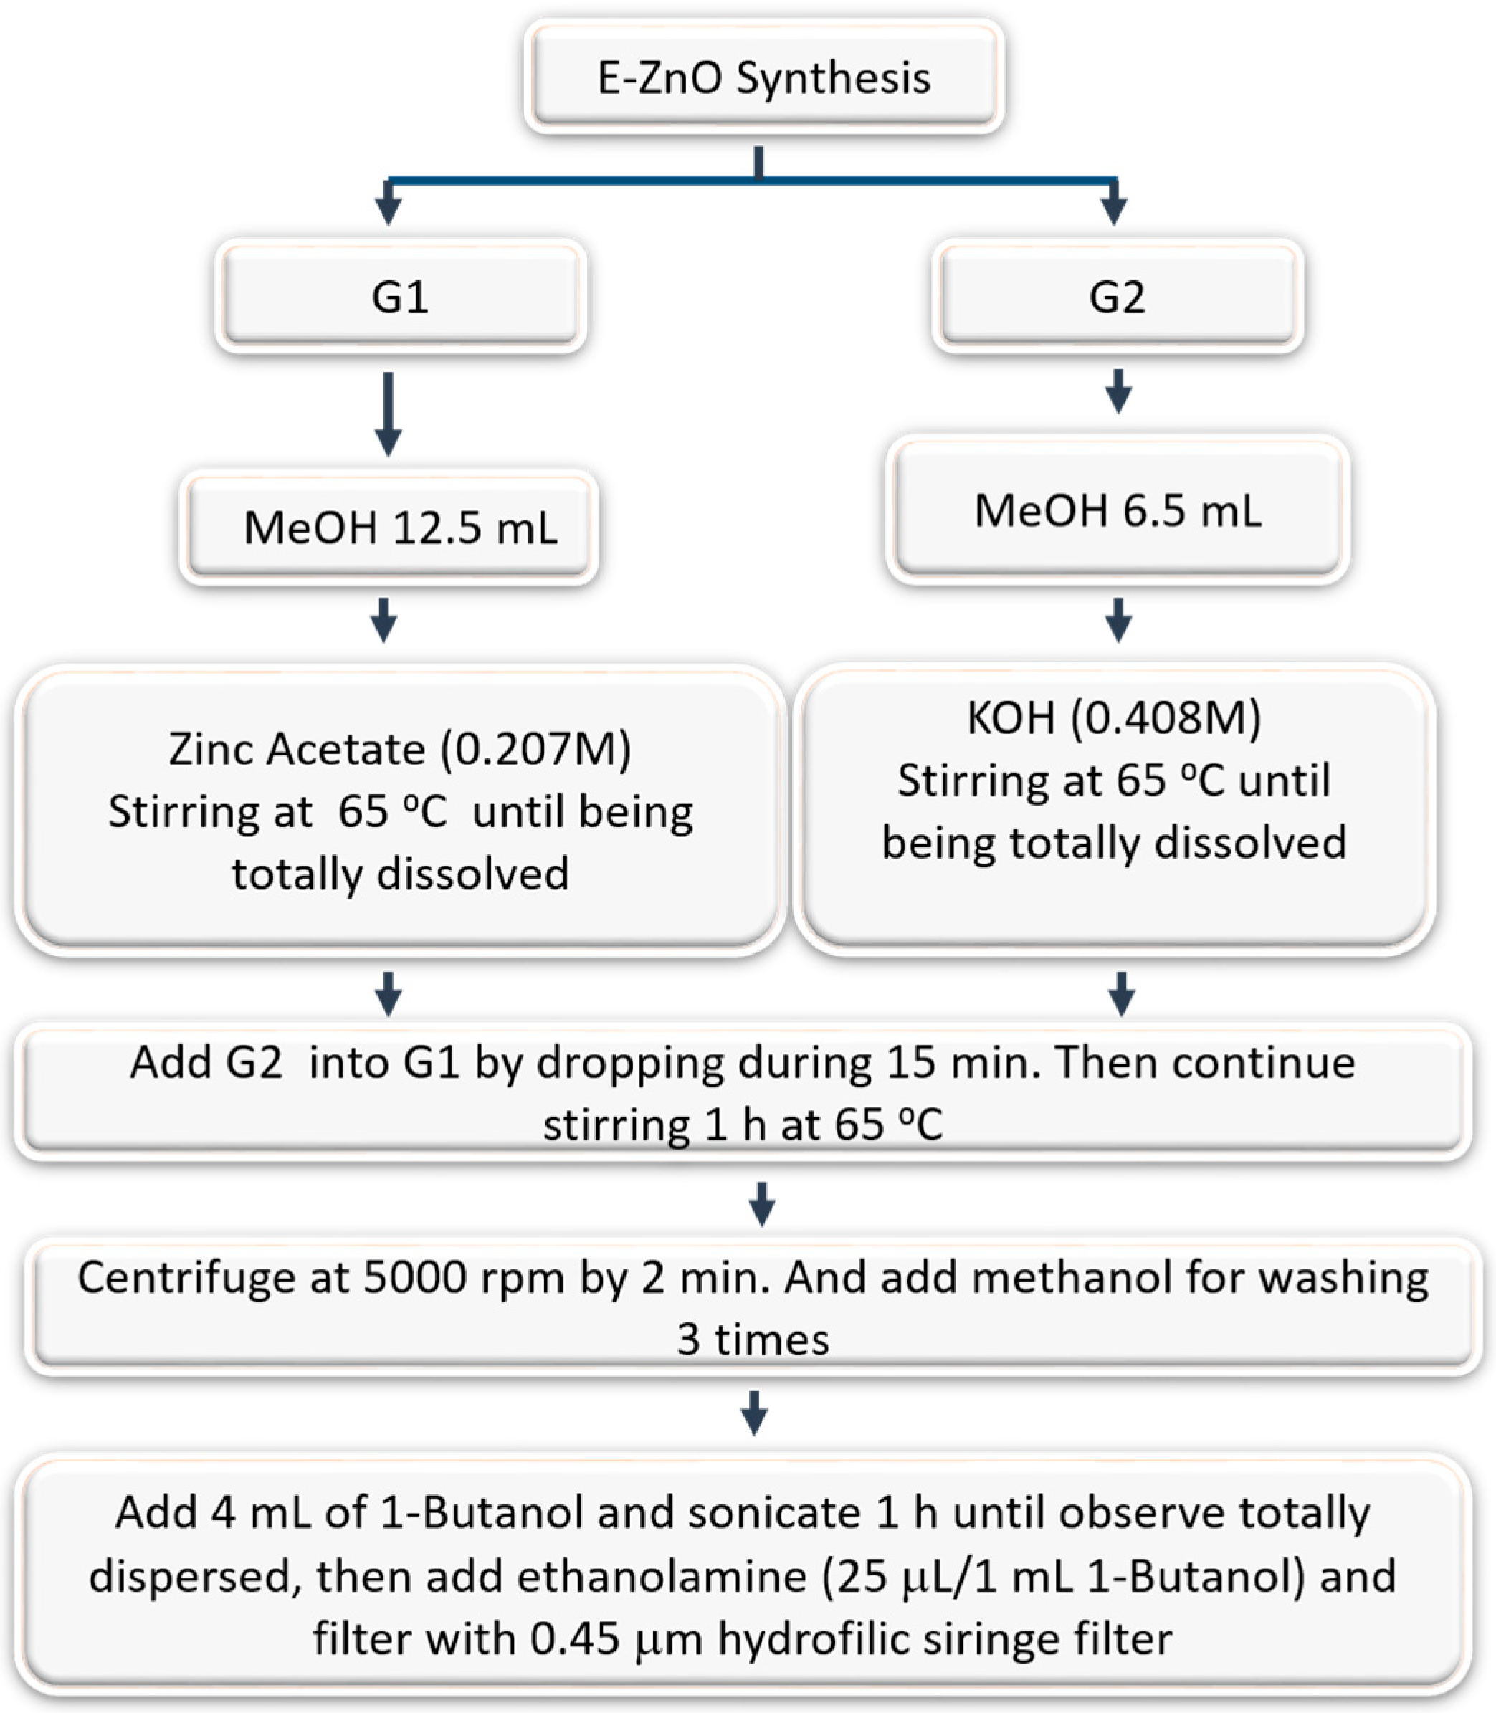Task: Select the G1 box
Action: point(400,296)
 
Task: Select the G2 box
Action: point(1117,296)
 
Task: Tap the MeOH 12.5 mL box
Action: point(389,528)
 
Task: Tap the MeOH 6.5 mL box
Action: point(1117,510)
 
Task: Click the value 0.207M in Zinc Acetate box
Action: point(536,749)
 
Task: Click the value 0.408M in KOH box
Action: point(1166,717)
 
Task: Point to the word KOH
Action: point(1010,717)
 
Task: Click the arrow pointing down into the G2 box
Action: point(1114,202)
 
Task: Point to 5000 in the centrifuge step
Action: point(415,1278)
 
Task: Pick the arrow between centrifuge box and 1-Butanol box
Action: point(755,1413)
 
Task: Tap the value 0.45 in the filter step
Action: point(574,1638)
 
